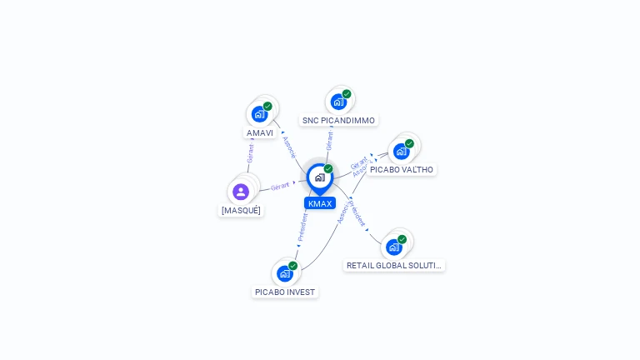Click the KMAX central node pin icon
point(319,177)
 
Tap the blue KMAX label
point(320,203)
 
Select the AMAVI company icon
point(259,114)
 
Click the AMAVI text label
point(260,132)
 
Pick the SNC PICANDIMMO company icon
point(338,102)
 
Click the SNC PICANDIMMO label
point(338,120)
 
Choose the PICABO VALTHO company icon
point(402,151)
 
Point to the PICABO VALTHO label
point(402,169)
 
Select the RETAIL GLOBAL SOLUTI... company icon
point(394,247)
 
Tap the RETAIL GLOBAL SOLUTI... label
point(394,265)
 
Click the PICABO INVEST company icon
point(285,273)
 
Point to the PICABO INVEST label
point(285,292)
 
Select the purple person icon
point(241,192)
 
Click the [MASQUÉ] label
point(241,210)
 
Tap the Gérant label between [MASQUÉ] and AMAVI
point(250,153)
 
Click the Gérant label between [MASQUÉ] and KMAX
point(280,186)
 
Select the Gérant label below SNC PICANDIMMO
point(330,141)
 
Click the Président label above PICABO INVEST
point(302,226)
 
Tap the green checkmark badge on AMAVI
point(267,106)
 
